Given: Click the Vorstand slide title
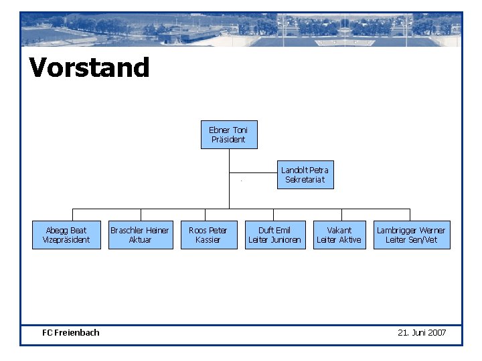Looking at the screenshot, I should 89,68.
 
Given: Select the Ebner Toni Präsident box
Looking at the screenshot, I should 229,134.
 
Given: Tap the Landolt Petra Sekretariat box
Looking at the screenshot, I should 305,174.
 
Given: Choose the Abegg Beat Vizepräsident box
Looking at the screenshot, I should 66,235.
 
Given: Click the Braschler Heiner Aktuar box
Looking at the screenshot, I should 140,235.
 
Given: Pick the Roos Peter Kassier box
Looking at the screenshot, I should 208,235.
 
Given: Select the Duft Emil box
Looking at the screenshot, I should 274,235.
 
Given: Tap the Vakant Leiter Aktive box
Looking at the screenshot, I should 339,235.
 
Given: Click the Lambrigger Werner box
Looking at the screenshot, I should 411,235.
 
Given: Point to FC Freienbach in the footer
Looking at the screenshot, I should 70,332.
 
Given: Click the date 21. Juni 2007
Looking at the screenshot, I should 422,332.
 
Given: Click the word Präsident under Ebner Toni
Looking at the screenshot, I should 228,140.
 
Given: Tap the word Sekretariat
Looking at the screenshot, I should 305,180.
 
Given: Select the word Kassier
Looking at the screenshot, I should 208,240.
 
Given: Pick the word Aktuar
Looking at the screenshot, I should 140,240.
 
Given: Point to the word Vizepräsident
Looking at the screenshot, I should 66,240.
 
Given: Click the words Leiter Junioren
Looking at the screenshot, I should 274,240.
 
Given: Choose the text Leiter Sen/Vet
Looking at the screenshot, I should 411,240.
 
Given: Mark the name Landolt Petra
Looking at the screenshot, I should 305,170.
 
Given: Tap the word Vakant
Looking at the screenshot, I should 339,230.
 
